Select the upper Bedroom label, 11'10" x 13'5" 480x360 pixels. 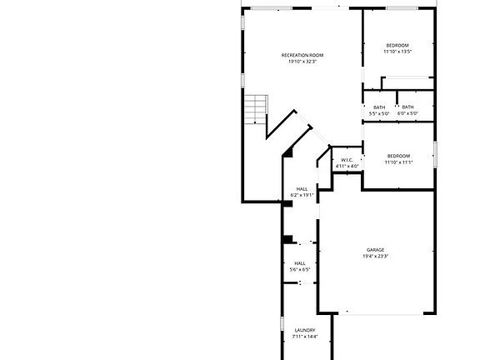(397, 45)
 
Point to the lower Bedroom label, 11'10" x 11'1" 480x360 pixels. (397, 156)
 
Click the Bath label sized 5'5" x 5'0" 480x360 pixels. (379, 107)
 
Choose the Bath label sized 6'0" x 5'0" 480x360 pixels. (407, 107)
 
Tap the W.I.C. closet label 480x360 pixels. (347, 160)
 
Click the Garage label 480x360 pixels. (375, 250)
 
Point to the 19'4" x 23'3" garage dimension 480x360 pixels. (375, 257)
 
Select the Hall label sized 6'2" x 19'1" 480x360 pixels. (301, 189)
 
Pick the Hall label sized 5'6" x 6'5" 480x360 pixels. (299, 263)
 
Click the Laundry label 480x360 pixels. (305, 331)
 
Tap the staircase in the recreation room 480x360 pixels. (254, 107)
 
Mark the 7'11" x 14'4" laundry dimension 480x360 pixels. (305, 337)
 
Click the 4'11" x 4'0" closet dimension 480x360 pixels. (347, 167)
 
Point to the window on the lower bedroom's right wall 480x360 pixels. (435, 150)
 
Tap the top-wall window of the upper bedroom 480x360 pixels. (402, 8)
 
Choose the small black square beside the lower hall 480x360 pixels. (287, 240)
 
